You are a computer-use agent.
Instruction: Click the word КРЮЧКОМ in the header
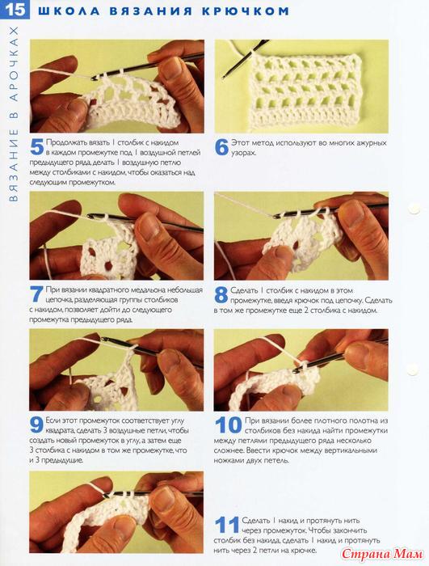[x=246, y=11]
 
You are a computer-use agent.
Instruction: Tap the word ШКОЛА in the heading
[x=69, y=11]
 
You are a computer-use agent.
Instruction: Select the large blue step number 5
[x=36, y=147]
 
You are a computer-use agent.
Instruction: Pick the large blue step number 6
[x=221, y=147]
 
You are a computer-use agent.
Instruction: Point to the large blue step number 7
[x=36, y=294]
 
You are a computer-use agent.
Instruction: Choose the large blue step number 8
[x=221, y=295]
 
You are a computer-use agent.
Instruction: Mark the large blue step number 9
[x=36, y=424]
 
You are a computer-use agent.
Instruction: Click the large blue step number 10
[x=229, y=425]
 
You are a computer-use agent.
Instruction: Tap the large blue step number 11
[x=227, y=525]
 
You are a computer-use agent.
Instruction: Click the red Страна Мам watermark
[x=382, y=553]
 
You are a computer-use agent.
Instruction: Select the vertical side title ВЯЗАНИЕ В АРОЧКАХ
[x=14, y=114]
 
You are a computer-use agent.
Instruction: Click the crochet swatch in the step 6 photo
[x=305, y=91]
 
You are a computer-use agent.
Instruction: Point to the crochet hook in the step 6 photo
[x=245, y=59]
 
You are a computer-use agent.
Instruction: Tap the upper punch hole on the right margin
[x=414, y=209]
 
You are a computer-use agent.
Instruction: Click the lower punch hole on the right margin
[x=413, y=370]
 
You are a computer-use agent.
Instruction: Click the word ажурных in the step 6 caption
[x=372, y=143]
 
